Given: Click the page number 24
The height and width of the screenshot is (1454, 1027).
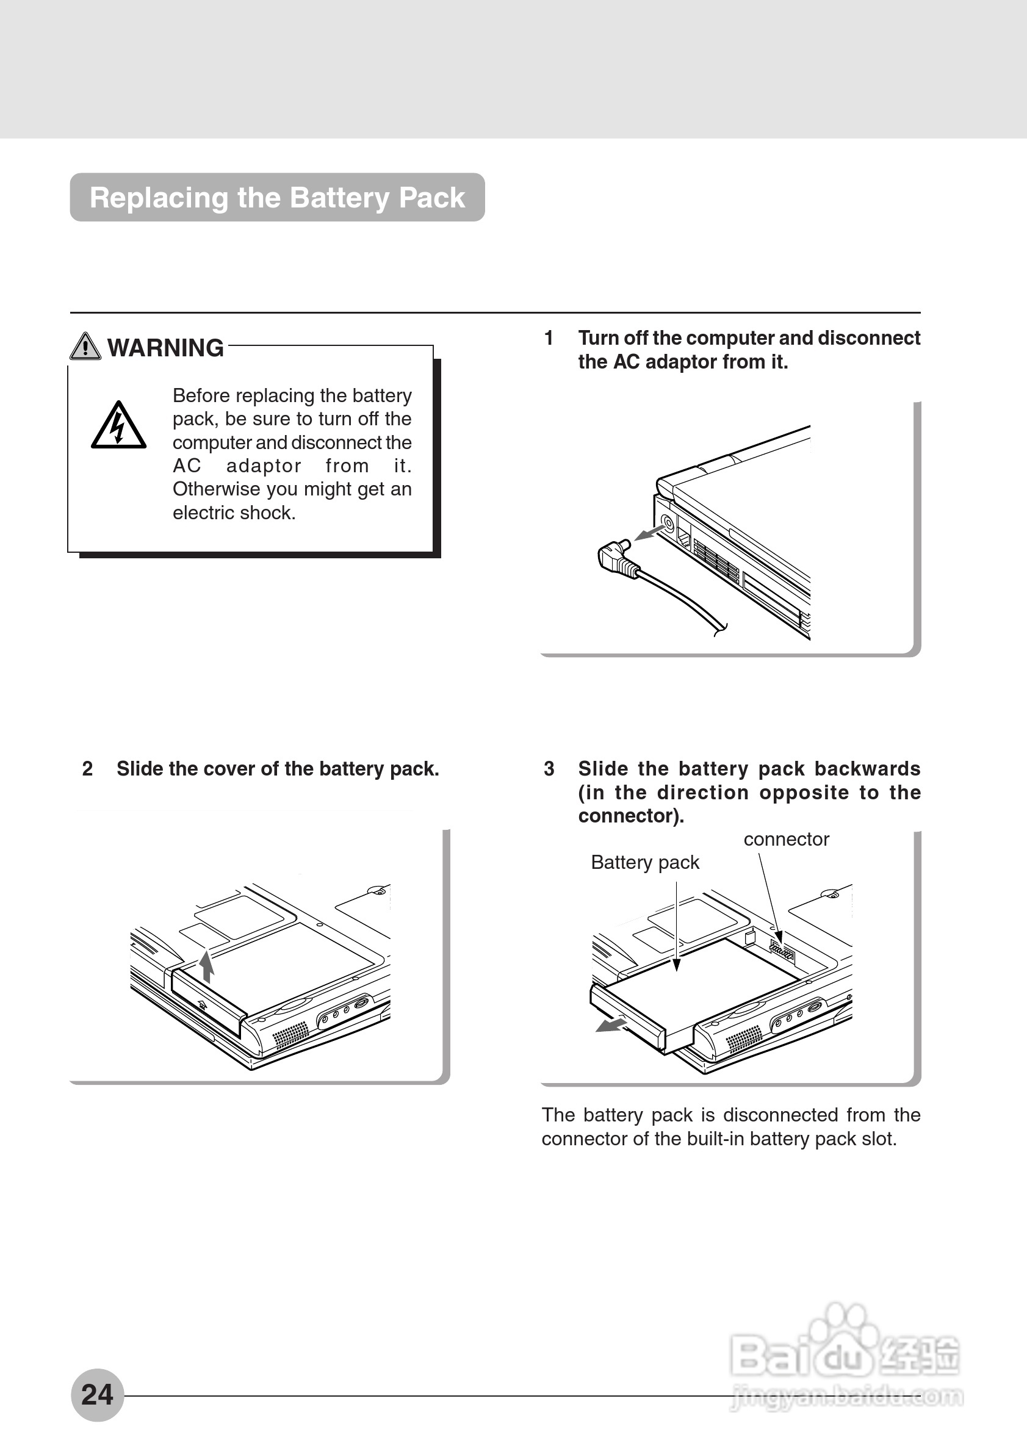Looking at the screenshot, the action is [x=97, y=1394].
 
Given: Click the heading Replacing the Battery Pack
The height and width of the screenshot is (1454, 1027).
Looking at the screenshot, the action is [x=277, y=198].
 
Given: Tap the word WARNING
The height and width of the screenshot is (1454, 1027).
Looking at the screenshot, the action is [x=165, y=348].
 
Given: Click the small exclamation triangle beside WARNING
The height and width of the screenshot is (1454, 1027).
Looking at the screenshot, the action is [x=85, y=347].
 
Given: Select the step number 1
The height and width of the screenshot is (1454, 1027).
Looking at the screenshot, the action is [x=549, y=338].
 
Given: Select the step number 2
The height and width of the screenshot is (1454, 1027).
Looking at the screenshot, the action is [x=87, y=769].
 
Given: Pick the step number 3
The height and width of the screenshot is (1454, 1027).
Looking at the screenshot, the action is [x=549, y=769].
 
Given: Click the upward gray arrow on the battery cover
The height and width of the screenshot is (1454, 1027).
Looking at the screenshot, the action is [x=206, y=966].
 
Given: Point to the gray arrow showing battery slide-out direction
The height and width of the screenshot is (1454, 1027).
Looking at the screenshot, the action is [x=610, y=1024].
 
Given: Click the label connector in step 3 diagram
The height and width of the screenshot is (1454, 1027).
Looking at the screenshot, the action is [x=786, y=840].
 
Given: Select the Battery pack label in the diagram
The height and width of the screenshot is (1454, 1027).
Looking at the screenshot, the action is [x=644, y=863].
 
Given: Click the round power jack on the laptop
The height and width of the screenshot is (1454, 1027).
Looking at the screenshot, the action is [x=668, y=523].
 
